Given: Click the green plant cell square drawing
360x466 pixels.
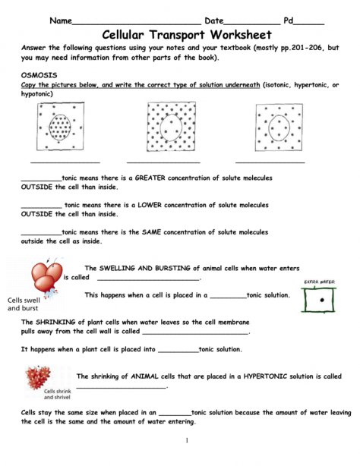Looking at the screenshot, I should click(324, 301).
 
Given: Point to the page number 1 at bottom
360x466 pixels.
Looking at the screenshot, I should click(186, 440).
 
